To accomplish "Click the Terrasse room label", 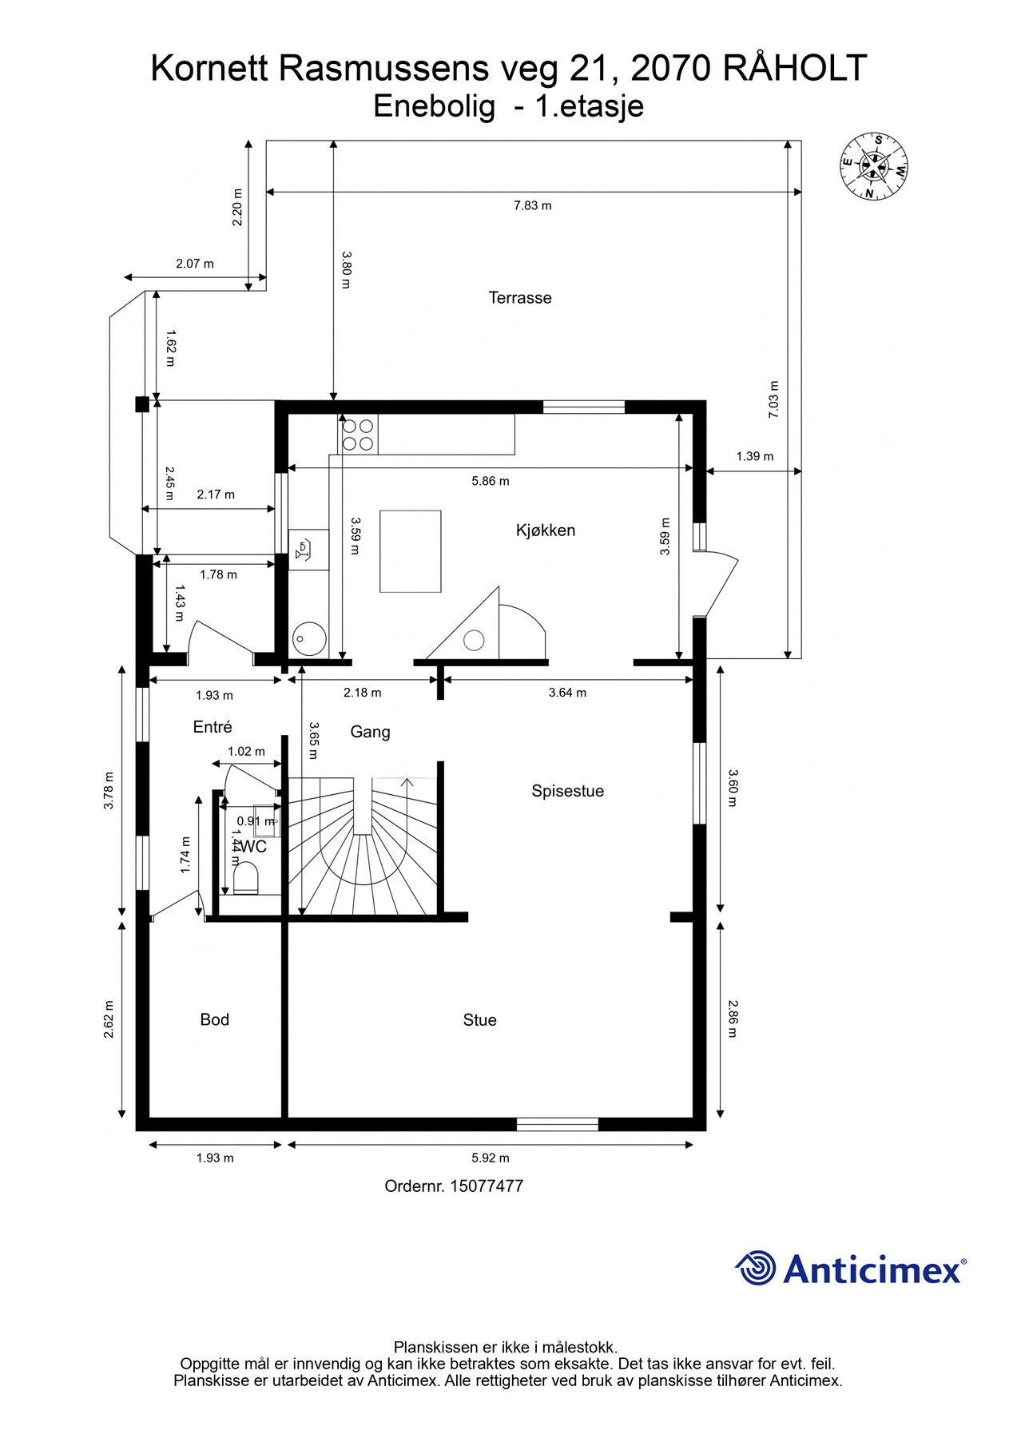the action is pos(520,298).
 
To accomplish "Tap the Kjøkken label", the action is pos(546,530).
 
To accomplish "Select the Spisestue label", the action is pos(567,792).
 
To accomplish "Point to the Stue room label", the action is pos(479,1020).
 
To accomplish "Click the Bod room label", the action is pos(214,1020).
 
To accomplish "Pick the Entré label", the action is pos(213,727).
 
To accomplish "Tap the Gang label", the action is pos(371,733).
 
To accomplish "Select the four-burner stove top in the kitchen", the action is pos(358,435).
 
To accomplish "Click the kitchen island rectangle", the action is pos(411,551).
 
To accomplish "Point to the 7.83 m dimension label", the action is pos(532,205).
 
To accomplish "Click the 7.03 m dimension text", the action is pos(773,399).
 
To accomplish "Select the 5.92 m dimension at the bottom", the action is pos(491,1158).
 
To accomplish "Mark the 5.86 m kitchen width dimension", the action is pos(491,481).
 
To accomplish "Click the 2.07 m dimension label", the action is pos(195,264).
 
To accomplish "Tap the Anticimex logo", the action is pos(851,1269).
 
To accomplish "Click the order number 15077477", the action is pos(487,1186).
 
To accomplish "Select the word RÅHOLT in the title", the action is pos(795,69).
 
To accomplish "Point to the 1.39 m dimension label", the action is pos(755,457).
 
